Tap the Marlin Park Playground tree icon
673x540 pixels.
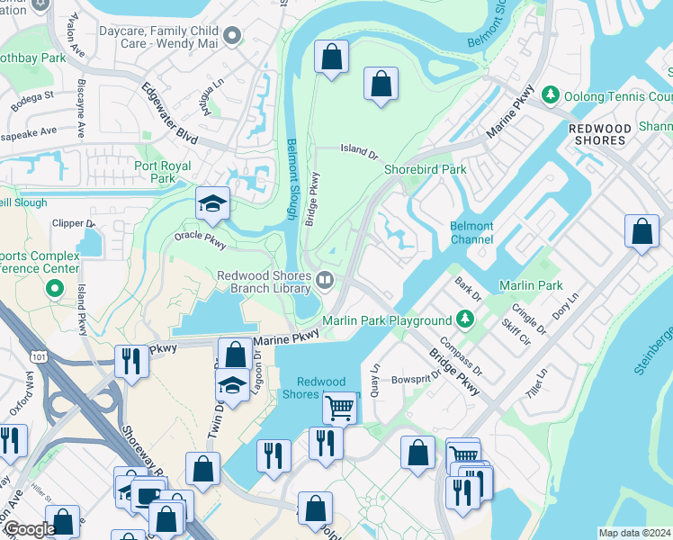pos(464,319)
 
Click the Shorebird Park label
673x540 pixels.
pos(426,169)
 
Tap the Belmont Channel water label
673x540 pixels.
pos(472,233)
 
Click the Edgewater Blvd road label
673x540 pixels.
pos(169,112)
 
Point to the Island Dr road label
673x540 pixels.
pos(358,150)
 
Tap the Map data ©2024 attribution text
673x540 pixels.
pos(634,533)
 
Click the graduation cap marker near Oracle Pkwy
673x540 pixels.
pos(213,204)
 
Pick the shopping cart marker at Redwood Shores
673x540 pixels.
pos(340,408)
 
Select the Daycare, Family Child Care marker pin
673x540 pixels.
pos(232,36)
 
